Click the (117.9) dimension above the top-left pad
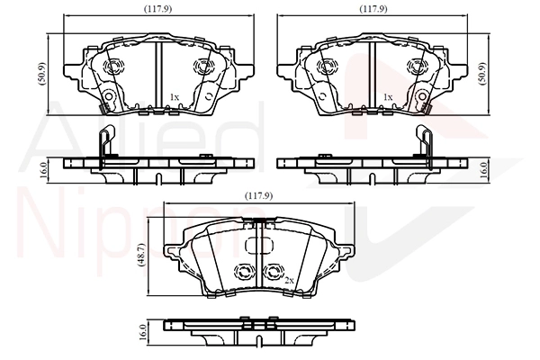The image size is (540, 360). pos(157,9)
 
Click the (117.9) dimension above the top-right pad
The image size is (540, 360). pos(373,9)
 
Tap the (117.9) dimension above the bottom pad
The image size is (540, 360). pos(258,196)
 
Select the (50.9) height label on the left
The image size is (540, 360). pos(42,74)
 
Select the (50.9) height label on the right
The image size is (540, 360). pos(482,74)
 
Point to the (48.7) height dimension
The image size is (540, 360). pos(142,254)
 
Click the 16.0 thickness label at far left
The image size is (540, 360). pos(43,170)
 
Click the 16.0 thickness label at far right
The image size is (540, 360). pos(483,170)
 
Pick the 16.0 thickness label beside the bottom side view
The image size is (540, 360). pos(143,332)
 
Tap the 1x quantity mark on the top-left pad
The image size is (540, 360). pos(175,97)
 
